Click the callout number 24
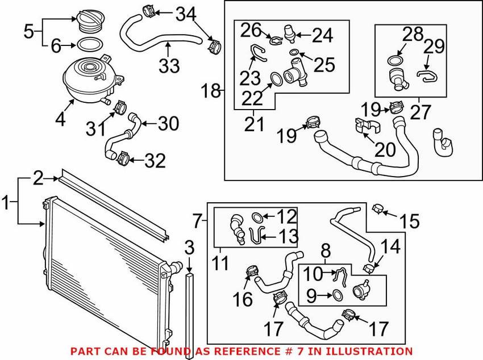pyautogui.click(x=322, y=35)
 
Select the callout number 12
pyautogui.click(x=286, y=216)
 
